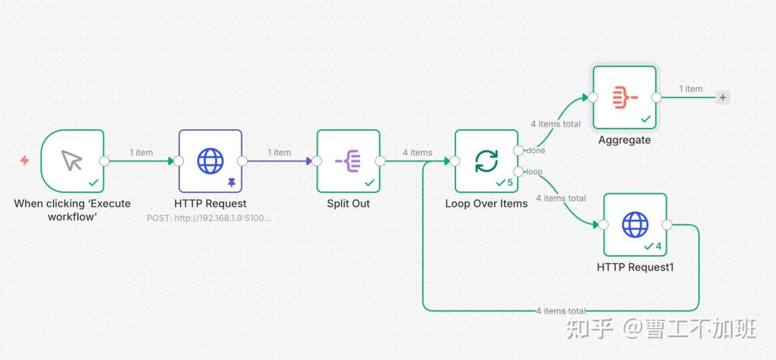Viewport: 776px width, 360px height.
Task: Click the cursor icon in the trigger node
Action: tap(72, 160)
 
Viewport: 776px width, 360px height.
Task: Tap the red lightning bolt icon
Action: tap(25, 161)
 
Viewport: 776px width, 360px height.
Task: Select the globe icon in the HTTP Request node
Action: tap(210, 161)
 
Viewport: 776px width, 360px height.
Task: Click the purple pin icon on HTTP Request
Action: tap(232, 182)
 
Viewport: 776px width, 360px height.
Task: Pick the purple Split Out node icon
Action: tap(348, 161)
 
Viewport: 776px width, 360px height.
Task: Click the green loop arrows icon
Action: tap(486, 161)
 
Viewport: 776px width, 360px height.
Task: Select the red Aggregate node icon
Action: tap(625, 98)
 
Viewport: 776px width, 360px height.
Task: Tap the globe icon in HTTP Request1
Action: tap(635, 225)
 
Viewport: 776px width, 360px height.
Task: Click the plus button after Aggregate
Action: tap(723, 98)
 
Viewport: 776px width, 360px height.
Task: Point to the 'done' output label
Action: tap(535, 150)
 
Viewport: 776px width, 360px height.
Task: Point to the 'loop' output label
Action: tap(534, 172)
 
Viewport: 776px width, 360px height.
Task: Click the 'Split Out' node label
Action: tap(348, 204)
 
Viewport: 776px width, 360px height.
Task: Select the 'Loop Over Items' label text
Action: tap(486, 204)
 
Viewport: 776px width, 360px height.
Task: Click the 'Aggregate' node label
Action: tap(624, 140)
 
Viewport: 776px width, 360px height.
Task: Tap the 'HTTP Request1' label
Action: tap(635, 267)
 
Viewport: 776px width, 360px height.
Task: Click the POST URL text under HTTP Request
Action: tap(209, 218)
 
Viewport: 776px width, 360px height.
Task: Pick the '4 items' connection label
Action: tap(418, 152)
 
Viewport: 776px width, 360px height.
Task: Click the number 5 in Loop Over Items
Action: tap(510, 182)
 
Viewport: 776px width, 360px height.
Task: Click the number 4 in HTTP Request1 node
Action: tap(658, 246)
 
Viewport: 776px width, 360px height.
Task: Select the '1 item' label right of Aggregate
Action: tap(691, 89)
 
